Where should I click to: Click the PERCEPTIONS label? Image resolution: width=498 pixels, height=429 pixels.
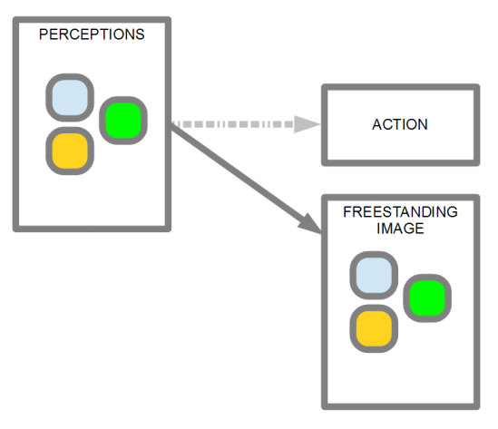click(x=92, y=34)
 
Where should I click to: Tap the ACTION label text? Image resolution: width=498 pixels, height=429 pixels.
click(x=400, y=124)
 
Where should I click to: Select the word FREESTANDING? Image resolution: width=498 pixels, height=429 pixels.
click(x=400, y=212)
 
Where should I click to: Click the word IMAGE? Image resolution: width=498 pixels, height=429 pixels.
click(x=400, y=229)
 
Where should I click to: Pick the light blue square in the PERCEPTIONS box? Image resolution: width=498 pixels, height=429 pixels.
click(x=70, y=97)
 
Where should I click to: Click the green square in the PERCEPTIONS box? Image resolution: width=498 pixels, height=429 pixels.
click(x=123, y=121)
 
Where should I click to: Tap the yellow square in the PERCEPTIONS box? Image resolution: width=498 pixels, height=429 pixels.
click(x=70, y=151)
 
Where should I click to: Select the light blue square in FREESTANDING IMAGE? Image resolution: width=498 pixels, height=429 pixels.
click(x=374, y=276)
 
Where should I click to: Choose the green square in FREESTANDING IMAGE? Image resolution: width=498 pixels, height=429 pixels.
click(x=427, y=298)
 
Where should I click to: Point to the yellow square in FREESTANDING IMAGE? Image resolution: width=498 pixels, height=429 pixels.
click(x=374, y=328)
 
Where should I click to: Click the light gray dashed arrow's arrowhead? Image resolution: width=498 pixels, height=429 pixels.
click(x=307, y=124)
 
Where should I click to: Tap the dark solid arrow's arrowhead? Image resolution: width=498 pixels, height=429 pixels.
click(x=310, y=224)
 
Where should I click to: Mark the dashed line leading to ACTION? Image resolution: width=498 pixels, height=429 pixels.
click(x=233, y=124)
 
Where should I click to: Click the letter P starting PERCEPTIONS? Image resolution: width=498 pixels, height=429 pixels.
click(x=44, y=34)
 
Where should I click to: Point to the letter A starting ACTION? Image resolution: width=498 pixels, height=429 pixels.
click(x=377, y=124)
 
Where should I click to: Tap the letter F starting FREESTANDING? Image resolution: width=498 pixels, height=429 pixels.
click(x=347, y=212)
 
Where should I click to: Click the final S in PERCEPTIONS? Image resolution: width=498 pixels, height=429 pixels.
click(x=140, y=34)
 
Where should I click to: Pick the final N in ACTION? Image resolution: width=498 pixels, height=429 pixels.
click(x=423, y=124)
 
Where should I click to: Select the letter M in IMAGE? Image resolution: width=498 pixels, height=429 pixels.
click(x=387, y=229)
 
